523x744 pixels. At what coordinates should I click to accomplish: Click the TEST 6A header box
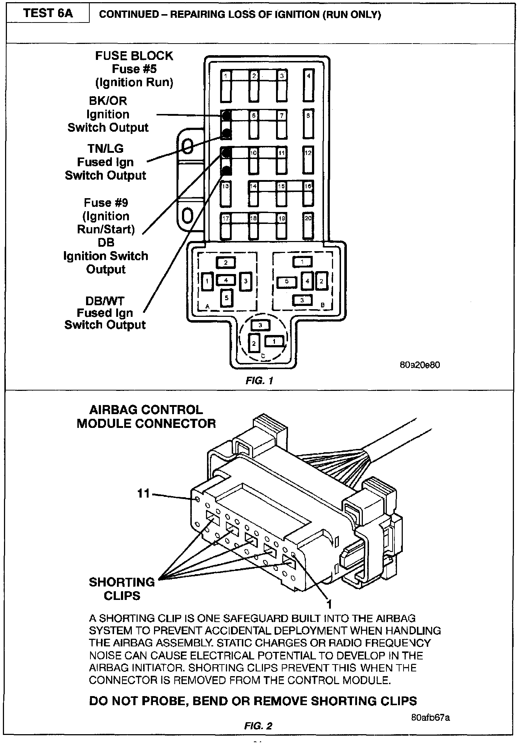(x=48, y=13)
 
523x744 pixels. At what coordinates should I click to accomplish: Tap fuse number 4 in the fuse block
(x=308, y=86)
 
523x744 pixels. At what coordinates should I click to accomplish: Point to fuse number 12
(x=308, y=160)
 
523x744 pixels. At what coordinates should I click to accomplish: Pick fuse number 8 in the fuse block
(x=308, y=123)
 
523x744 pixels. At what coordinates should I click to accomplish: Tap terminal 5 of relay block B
(x=287, y=282)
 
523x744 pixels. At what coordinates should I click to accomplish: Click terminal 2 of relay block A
(x=226, y=262)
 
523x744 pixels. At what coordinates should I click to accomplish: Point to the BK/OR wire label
(x=108, y=101)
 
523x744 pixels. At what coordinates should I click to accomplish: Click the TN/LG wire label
(x=105, y=149)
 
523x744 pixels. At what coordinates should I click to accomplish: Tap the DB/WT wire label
(x=105, y=301)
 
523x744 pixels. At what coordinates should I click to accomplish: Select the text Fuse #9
(x=106, y=203)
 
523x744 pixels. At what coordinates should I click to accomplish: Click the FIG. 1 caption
(x=259, y=380)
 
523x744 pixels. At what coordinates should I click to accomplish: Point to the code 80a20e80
(x=419, y=365)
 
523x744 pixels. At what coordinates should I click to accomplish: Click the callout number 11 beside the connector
(x=144, y=494)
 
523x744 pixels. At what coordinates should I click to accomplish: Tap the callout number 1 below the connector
(x=329, y=604)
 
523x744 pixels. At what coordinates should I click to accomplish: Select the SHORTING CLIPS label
(x=122, y=589)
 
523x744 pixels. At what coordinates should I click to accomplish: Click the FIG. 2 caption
(x=258, y=725)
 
